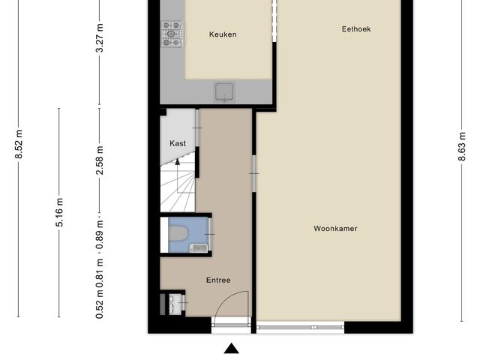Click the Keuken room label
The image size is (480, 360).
click(223, 34)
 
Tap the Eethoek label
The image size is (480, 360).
click(356, 29)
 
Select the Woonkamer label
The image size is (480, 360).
click(335, 229)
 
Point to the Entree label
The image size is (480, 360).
click(218, 280)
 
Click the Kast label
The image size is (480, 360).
click(178, 143)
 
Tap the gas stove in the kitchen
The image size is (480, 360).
click(172, 34)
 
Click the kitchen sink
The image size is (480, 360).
click(224, 91)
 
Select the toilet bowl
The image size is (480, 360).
click(178, 233)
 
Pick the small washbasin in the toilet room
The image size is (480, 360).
click(199, 248)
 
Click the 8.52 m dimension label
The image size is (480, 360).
click(19, 144)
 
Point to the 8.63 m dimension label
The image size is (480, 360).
click(462, 146)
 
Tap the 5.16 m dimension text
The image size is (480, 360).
click(59, 212)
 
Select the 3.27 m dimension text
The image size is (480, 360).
click(100, 38)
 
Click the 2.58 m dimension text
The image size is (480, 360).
click(100, 160)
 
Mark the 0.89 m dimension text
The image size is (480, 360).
click(100, 235)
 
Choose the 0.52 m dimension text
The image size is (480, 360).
click(100, 304)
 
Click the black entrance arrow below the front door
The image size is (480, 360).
click(232, 348)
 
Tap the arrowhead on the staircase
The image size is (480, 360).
click(177, 162)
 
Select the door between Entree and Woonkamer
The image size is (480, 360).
click(253, 173)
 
